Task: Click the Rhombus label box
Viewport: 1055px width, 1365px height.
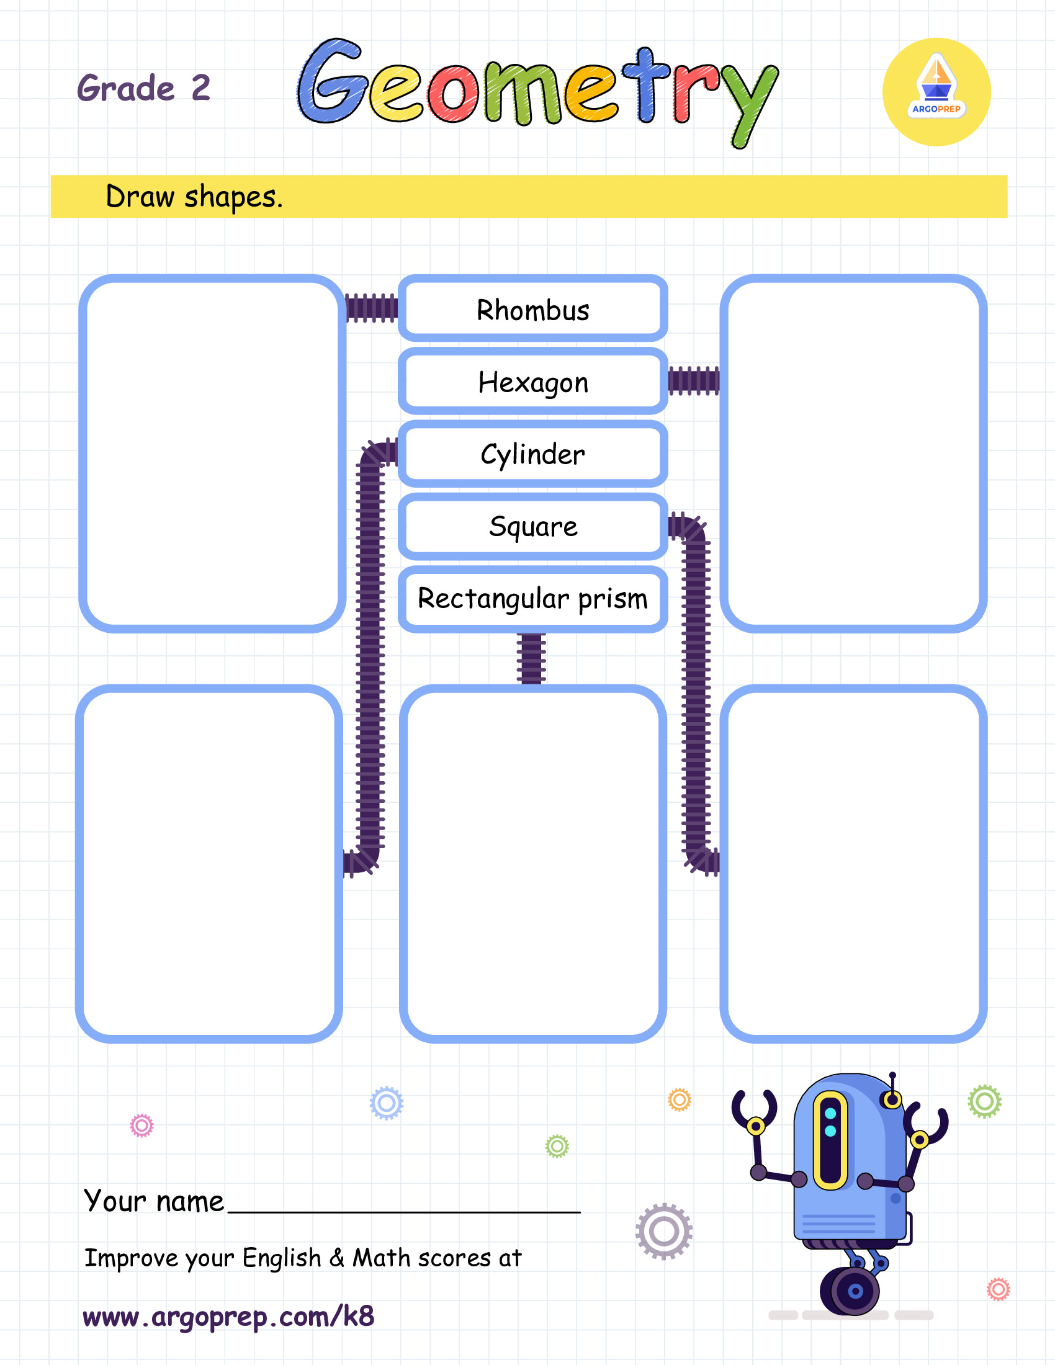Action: coord(532,309)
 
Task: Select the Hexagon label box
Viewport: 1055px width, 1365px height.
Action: coord(532,381)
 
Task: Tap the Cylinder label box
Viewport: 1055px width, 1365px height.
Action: coord(532,454)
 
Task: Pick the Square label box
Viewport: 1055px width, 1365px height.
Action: coord(532,526)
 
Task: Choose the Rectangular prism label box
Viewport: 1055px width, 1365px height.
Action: coord(532,599)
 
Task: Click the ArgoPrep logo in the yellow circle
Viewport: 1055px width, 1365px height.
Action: coord(936,92)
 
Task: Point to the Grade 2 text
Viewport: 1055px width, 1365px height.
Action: coord(143,87)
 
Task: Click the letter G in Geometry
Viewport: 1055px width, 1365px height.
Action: coord(331,81)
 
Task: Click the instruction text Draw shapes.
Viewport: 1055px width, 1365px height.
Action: coord(194,197)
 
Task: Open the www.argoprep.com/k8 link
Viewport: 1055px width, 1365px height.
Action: coord(228,1316)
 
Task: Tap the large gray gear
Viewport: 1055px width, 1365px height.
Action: coord(664,1231)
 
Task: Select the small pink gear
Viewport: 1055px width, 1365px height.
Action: coord(141,1126)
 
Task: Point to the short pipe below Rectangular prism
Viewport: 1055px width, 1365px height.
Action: coord(531,659)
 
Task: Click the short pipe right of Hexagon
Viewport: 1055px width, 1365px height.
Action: coord(694,380)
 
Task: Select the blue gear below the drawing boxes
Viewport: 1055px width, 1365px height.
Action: coord(386,1103)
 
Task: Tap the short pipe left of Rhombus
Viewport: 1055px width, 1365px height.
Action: coord(372,308)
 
